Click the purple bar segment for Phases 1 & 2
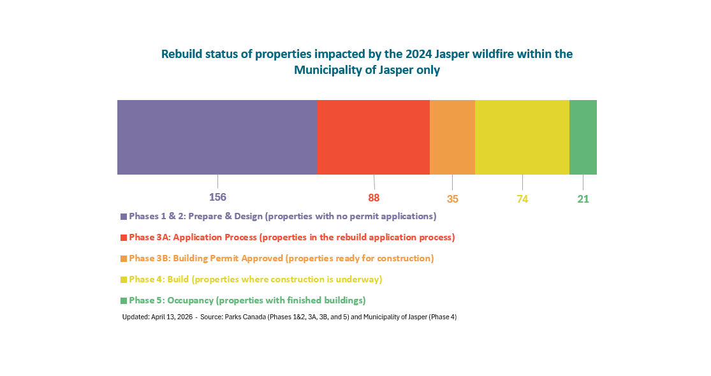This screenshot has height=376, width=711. [217, 137]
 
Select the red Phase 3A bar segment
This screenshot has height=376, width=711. [373, 137]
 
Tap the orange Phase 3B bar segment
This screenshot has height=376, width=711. [452, 137]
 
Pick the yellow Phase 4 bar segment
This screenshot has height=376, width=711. [522, 137]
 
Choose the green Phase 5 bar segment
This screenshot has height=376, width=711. [583, 137]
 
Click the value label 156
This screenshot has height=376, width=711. [218, 197]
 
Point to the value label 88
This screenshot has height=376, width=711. [374, 198]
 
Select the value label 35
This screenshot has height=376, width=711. [452, 199]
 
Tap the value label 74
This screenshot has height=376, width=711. [522, 199]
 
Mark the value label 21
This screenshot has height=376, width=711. [583, 199]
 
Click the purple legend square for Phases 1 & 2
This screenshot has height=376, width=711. [124, 217]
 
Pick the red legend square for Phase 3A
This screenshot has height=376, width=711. [124, 238]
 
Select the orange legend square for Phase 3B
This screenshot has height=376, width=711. [124, 259]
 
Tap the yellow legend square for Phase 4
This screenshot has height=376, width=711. [124, 280]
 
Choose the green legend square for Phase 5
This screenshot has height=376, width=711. [124, 301]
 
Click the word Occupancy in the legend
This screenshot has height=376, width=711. [186, 300]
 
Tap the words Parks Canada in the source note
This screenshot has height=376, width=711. [246, 317]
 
